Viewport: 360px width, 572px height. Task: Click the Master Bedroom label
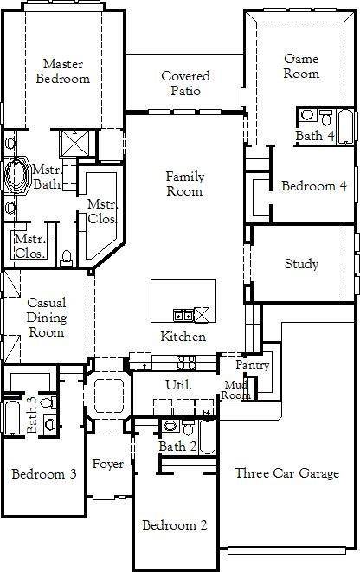coord(66,71)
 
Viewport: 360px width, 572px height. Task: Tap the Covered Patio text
coord(185,83)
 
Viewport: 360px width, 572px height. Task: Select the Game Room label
coord(301,66)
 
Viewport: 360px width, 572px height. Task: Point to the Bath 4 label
coord(314,136)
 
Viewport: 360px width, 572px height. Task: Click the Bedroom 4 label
coord(314,186)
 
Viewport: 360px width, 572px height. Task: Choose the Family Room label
coord(185,183)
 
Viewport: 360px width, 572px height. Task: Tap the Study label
coord(301,264)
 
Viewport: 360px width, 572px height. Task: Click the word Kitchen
coord(183,337)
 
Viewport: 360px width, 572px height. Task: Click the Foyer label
coord(107,465)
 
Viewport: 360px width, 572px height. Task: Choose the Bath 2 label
coord(177,446)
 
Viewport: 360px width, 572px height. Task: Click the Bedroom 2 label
coord(175,525)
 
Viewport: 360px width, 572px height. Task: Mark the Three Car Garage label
coord(286,473)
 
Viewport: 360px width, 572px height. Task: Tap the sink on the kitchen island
coord(183,314)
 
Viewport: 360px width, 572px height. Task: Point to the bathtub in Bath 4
coord(345,127)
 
